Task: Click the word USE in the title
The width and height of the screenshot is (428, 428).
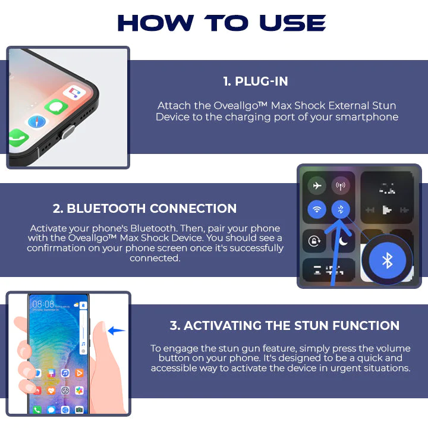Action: [x=291, y=23]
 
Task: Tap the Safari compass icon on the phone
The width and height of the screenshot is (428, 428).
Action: [x=37, y=122]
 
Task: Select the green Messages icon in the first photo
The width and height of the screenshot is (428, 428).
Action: [x=56, y=108]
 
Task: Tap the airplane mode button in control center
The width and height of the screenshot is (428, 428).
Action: [x=317, y=186]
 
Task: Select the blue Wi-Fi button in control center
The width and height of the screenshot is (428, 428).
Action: [x=317, y=209]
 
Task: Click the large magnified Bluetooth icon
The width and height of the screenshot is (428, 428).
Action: [x=388, y=260]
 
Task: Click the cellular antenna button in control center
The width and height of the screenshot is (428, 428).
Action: [x=341, y=186]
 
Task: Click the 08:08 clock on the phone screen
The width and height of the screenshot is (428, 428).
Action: [x=43, y=304]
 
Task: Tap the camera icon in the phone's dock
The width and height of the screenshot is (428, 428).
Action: [x=79, y=410]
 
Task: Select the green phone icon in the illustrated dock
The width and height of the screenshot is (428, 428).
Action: [x=37, y=410]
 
